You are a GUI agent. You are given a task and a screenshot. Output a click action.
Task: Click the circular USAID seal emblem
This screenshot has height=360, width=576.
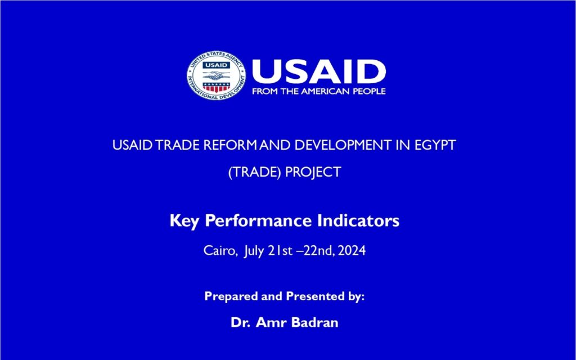217,76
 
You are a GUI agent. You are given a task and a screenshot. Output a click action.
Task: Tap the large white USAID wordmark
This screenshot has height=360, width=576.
319,71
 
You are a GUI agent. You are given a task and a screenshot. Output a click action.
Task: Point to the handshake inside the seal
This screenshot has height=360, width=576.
217,76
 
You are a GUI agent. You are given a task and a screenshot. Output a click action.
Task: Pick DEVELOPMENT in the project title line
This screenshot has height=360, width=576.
343,145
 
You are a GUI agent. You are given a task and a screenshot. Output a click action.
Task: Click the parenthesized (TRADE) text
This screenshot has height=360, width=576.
255,172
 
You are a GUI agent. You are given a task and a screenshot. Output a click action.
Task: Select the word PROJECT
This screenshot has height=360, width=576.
313,172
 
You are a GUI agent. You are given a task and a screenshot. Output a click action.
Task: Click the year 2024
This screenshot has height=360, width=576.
352,251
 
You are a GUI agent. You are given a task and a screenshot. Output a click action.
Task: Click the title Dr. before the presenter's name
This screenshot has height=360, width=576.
241,322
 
